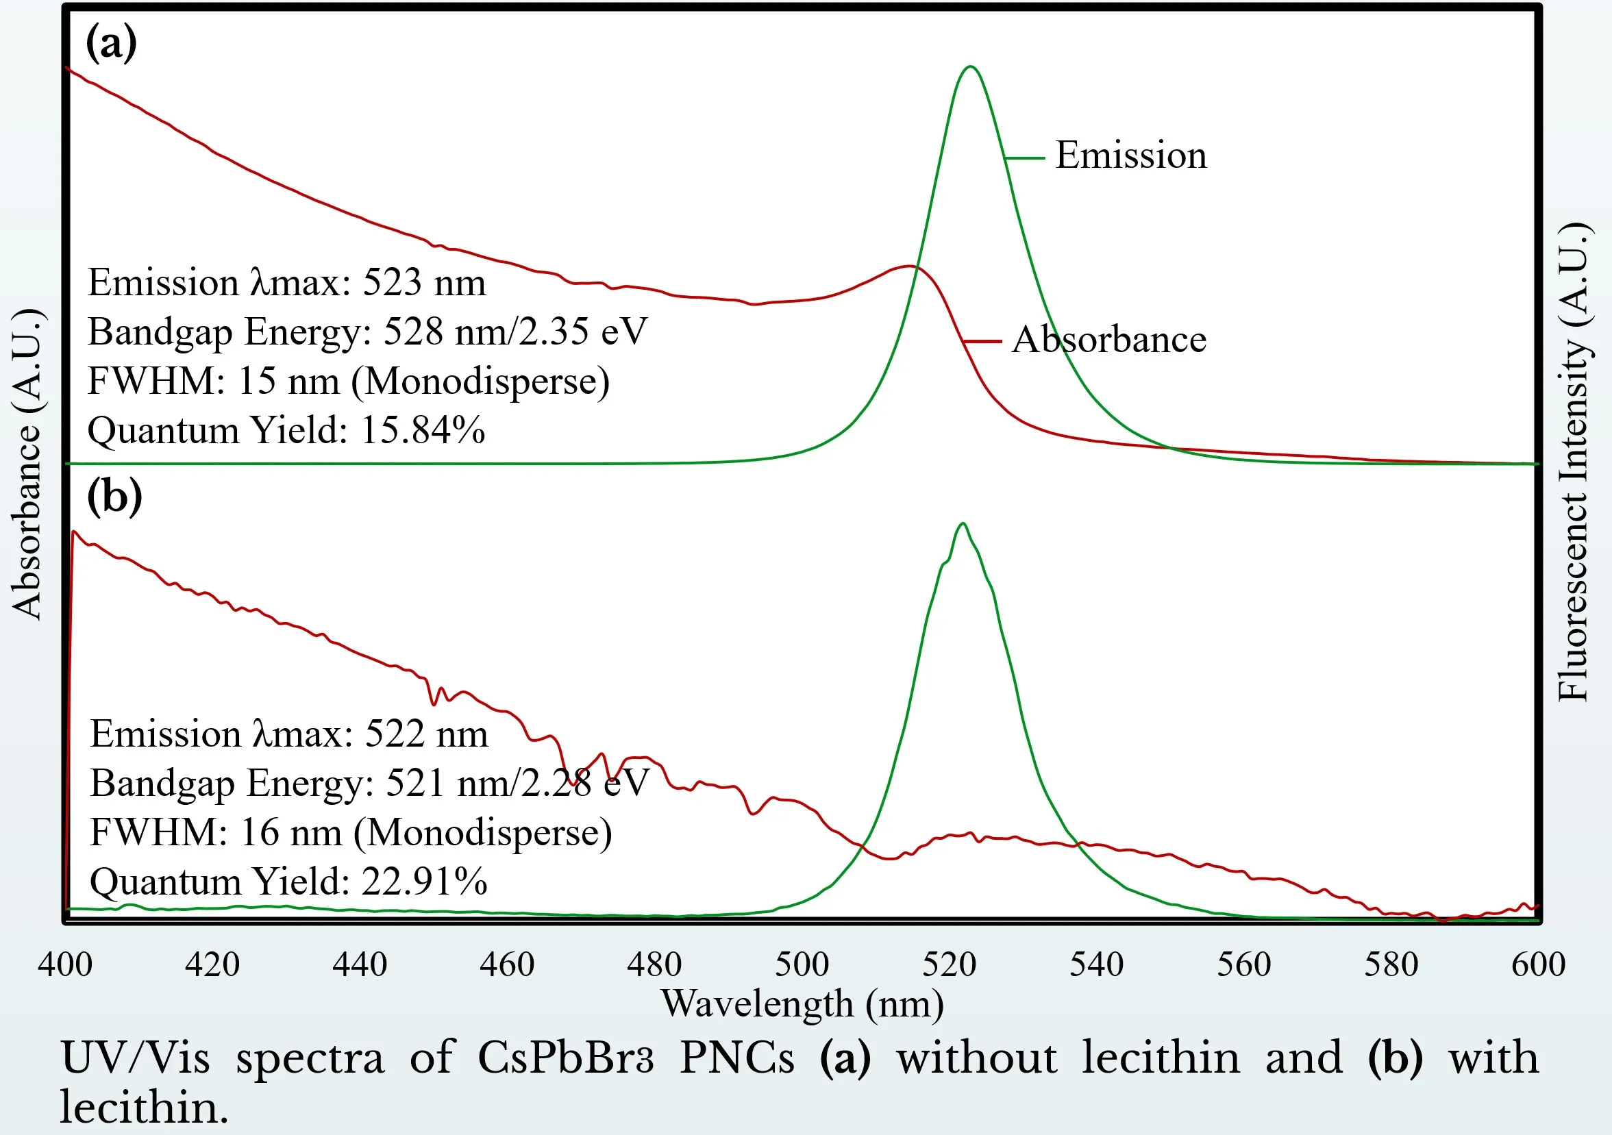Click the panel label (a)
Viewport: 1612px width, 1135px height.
[111, 44]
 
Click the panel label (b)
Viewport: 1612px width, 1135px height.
[114, 495]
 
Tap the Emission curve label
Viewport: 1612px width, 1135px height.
[1130, 155]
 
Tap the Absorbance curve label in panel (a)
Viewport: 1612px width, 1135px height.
[1108, 340]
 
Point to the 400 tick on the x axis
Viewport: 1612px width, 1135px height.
[65, 964]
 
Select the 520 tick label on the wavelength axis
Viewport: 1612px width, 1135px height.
[949, 964]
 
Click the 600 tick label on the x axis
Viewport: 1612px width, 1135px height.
[1537, 964]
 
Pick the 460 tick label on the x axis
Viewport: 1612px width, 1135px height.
[507, 964]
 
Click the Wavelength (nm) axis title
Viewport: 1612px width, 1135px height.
[802, 1003]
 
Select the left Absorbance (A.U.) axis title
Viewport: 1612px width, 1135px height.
[28, 463]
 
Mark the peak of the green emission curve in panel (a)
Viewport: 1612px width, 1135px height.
[970, 67]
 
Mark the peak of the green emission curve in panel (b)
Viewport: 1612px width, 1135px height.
[963, 523]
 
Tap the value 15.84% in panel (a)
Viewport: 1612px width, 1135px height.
[423, 429]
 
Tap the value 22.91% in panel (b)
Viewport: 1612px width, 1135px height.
[424, 881]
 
